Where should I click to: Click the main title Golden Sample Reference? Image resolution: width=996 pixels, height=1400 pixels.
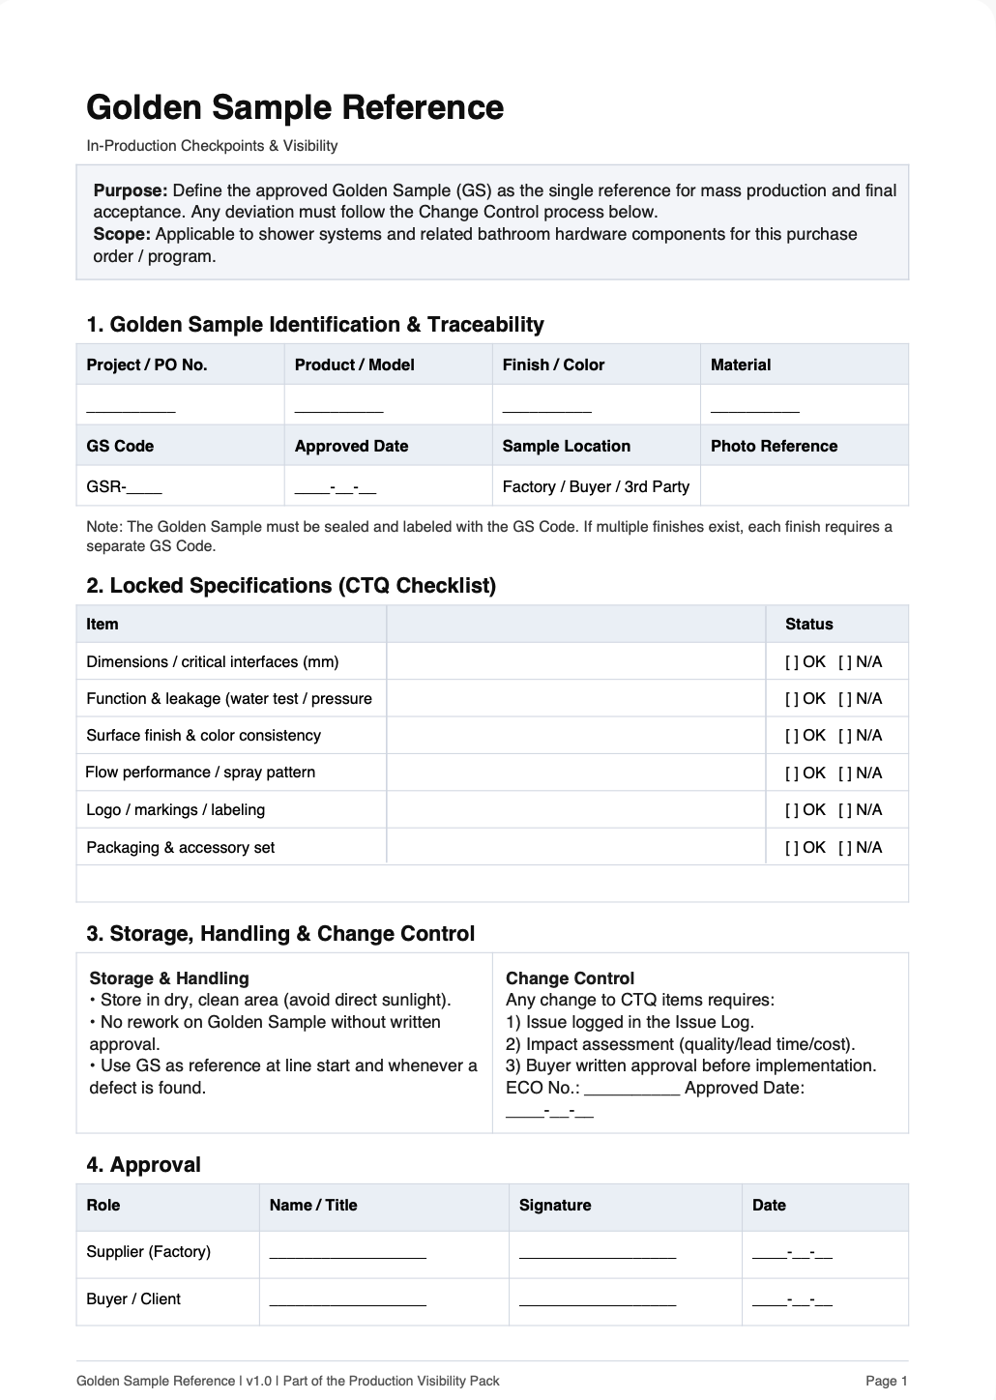pyautogui.click(x=295, y=107)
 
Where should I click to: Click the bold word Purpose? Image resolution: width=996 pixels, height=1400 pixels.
pyautogui.click(x=130, y=190)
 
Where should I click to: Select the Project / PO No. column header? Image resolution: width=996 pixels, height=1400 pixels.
pyautogui.click(x=147, y=365)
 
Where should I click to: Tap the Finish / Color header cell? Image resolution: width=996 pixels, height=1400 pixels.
pyautogui.click(x=553, y=365)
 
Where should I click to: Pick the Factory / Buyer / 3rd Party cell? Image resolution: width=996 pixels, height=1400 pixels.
pyautogui.click(x=596, y=486)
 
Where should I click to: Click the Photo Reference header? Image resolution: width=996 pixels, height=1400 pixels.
pyautogui.click(x=774, y=446)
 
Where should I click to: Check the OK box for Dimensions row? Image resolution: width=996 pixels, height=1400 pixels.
pyautogui.click(x=792, y=662)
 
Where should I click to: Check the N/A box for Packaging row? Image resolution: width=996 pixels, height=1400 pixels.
pyautogui.click(x=845, y=848)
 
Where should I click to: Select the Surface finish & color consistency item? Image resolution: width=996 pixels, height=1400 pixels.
pyautogui.click(x=203, y=736)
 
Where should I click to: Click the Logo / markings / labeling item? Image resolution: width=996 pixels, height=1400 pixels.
pyautogui.click(x=175, y=810)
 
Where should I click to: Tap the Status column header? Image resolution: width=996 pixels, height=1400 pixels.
pyautogui.click(x=808, y=625)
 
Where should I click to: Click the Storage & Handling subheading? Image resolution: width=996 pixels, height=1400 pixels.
pyautogui.click(x=169, y=978)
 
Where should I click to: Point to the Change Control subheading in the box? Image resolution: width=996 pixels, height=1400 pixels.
pyautogui.click(x=570, y=978)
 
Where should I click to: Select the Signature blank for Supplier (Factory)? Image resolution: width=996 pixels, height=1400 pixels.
pyautogui.click(x=597, y=1255)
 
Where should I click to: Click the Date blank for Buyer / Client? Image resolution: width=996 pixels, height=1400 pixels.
pyautogui.click(x=792, y=1302)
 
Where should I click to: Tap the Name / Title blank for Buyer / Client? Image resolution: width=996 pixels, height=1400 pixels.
pyautogui.click(x=347, y=1302)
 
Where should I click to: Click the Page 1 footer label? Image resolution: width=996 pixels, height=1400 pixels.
pyautogui.click(x=886, y=1381)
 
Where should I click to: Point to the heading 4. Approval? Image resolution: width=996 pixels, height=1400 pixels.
pyautogui.click(x=143, y=1165)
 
